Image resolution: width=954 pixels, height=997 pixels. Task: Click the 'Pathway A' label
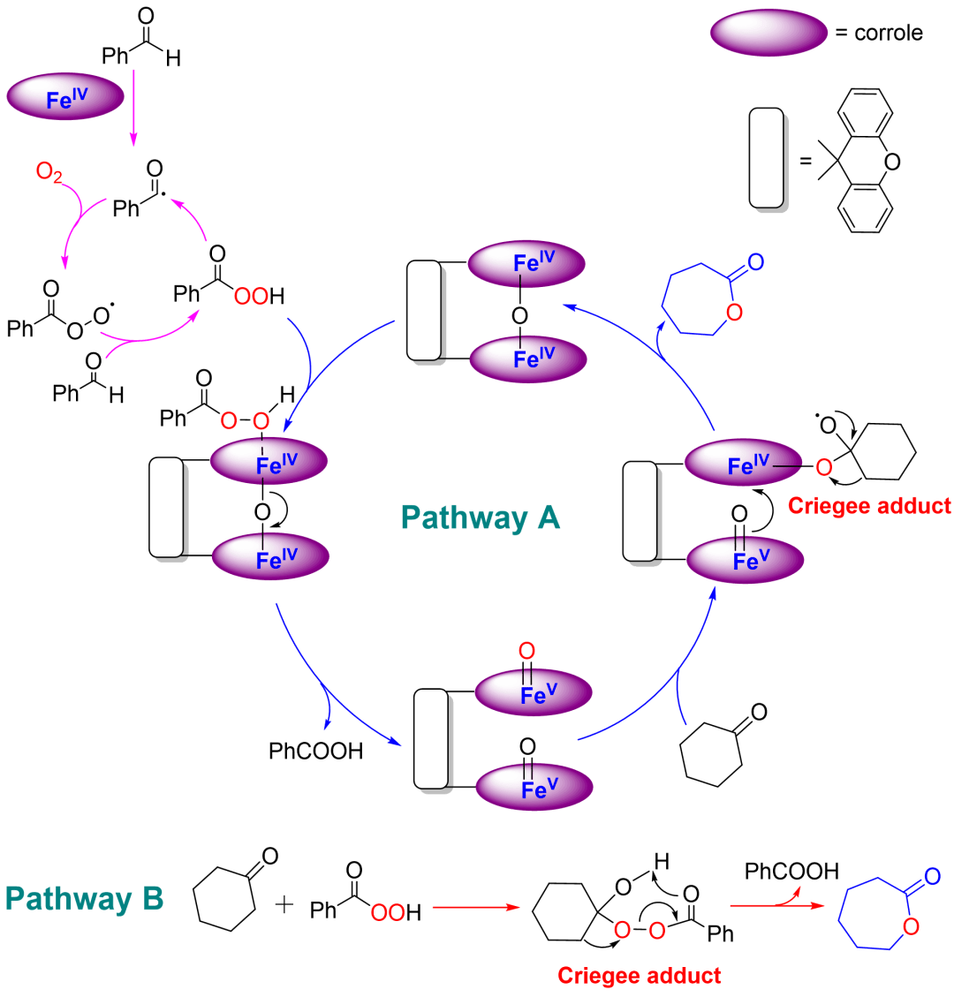480,517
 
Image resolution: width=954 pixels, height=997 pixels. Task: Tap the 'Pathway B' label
85,899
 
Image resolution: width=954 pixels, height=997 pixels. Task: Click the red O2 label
49,171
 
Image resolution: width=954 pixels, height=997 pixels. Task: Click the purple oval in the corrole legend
768,34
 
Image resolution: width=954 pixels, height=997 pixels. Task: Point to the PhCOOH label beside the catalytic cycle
315,752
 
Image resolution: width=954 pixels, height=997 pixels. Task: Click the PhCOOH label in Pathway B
791,872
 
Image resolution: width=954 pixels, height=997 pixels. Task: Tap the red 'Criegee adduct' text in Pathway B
639,975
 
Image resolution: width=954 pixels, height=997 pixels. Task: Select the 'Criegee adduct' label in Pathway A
870,506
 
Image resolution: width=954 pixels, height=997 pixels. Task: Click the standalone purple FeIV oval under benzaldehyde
65,98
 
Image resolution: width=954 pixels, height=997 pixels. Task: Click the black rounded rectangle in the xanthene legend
765,160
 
